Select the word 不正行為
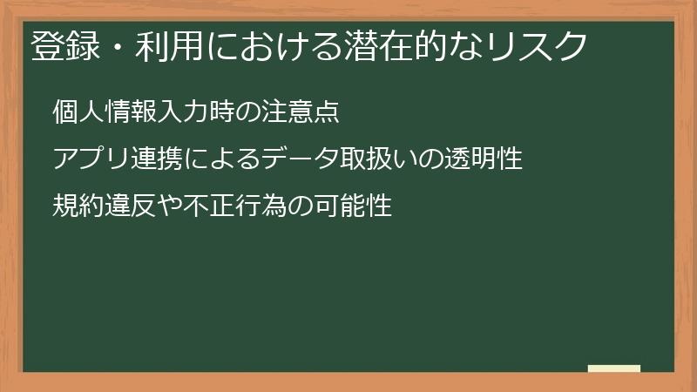click(x=218, y=207)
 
